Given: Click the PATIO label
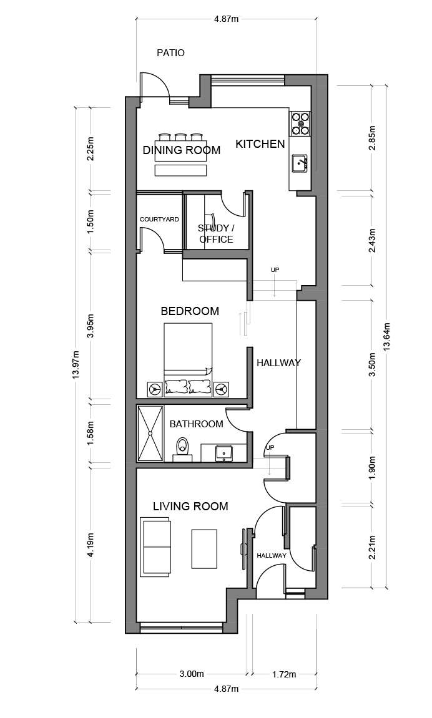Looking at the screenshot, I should point(170,53).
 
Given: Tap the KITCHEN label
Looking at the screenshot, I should point(260,144).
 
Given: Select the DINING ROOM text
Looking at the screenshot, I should point(181,150).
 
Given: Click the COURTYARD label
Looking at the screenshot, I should point(159,220).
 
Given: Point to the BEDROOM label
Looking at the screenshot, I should point(190,311).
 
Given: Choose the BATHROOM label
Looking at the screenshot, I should point(196,424).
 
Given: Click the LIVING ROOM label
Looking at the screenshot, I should point(190,507).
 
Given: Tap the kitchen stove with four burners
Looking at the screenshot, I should point(301,124).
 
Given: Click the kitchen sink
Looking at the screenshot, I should point(300,163).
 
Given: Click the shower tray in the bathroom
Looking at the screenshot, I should point(150,433).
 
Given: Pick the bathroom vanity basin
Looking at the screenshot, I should point(223,452).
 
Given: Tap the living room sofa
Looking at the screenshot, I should point(157,546).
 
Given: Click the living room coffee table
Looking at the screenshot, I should point(205,548).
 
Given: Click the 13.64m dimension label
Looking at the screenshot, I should point(387,337).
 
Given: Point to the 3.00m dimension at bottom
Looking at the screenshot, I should point(192,674).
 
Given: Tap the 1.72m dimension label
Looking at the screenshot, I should point(283,674).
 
